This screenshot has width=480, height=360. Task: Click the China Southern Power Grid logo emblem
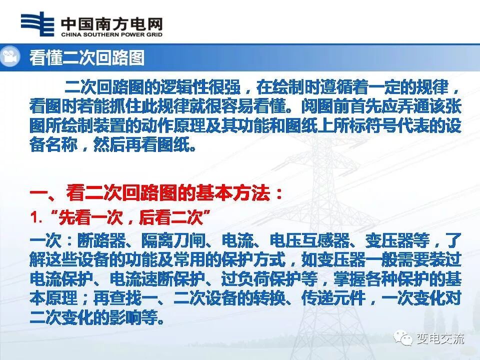(x=37, y=24)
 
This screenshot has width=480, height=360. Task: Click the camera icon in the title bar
(x=9, y=57)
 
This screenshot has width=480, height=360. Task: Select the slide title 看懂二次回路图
(x=86, y=57)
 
